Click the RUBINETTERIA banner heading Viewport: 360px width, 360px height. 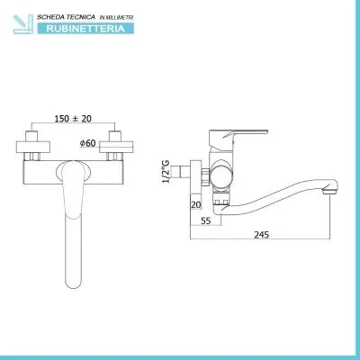pyautogui.click(x=85, y=29)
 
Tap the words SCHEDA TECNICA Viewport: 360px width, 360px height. pyautogui.click(x=66, y=17)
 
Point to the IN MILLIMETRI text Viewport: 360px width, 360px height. pyautogui.click(x=116, y=18)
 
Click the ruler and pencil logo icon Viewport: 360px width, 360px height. pyautogui.click(x=24, y=23)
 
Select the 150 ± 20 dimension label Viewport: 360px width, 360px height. pyautogui.click(x=73, y=119)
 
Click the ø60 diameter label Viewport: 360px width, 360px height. pyautogui.click(x=87, y=143)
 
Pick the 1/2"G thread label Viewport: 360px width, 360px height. pyautogui.click(x=166, y=172)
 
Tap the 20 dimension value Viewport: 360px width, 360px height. pyautogui.click(x=195, y=205)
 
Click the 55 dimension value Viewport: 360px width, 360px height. pyautogui.click(x=206, y=220)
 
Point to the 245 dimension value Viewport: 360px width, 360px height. pyautogui.click(x=262, y=234)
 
